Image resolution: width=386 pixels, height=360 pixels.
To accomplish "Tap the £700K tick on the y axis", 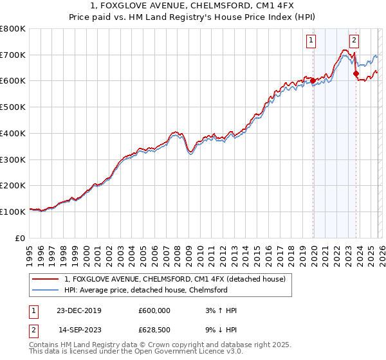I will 13,55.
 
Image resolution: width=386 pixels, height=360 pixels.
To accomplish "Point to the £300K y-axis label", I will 13,159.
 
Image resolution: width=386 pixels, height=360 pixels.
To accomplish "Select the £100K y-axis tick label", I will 13,212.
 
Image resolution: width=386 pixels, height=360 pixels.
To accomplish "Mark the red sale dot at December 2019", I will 313,81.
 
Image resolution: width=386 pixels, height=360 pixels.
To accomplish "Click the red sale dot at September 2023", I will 356,73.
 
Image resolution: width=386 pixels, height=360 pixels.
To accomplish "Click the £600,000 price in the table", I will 154,310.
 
